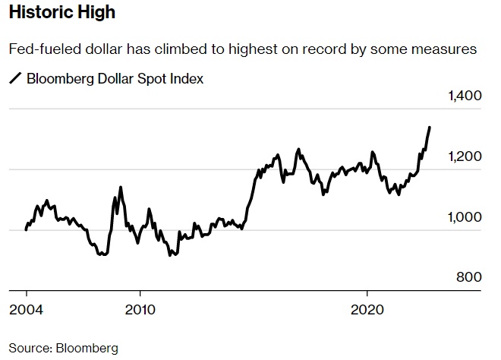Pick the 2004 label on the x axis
27,311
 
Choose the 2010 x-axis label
140,311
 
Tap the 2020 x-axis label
367,311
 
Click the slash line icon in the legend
14,78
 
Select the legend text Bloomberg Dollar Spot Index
115,78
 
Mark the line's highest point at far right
430,127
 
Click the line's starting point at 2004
27,229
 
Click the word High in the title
96,14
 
